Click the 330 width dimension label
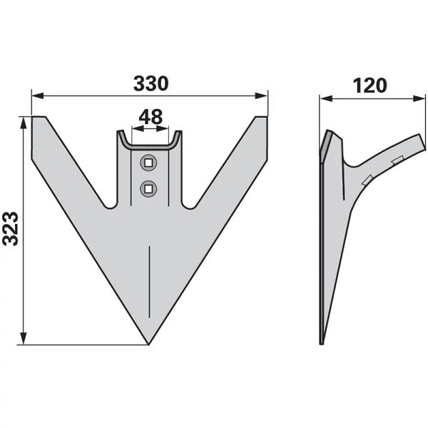[151, 83]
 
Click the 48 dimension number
[151, 117]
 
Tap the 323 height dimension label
[11, 228]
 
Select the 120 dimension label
[370, 86]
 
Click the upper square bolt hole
[148, 163]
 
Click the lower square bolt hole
[148, 188]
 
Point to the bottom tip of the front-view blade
[148, 345]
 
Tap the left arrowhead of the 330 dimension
[38, 96]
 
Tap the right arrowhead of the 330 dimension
[262, 96]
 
